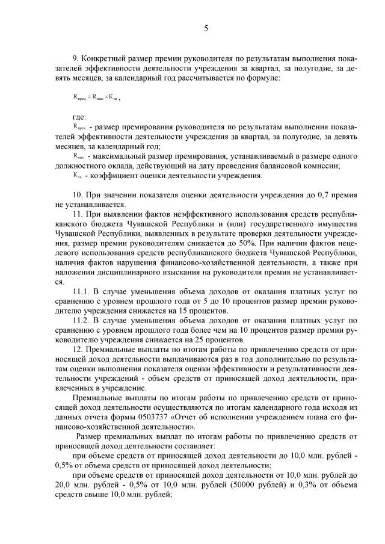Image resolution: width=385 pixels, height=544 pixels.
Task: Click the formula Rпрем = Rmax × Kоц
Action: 93,96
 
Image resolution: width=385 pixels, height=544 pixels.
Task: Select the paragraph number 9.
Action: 75,58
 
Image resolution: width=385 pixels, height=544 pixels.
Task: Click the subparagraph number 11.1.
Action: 81,292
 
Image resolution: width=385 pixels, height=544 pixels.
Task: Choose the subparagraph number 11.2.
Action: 81,321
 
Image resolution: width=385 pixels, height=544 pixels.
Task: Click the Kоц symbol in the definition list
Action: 76,175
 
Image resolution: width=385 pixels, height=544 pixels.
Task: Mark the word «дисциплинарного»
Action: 119,271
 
